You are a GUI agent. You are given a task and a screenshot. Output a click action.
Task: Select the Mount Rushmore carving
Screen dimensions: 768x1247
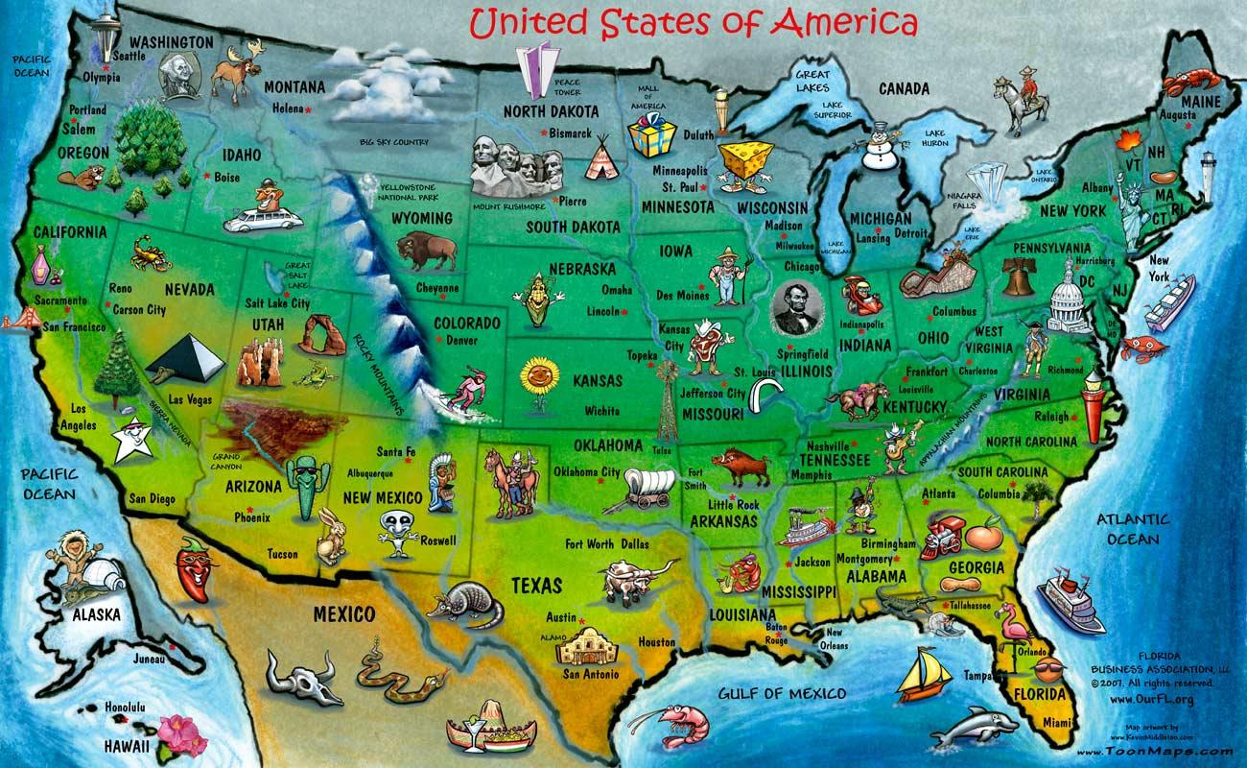[506, 167]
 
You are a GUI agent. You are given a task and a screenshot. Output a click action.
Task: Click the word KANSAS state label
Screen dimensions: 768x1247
[597, 381]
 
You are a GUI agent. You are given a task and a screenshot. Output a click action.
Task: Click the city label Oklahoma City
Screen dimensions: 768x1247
[586, 472]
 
